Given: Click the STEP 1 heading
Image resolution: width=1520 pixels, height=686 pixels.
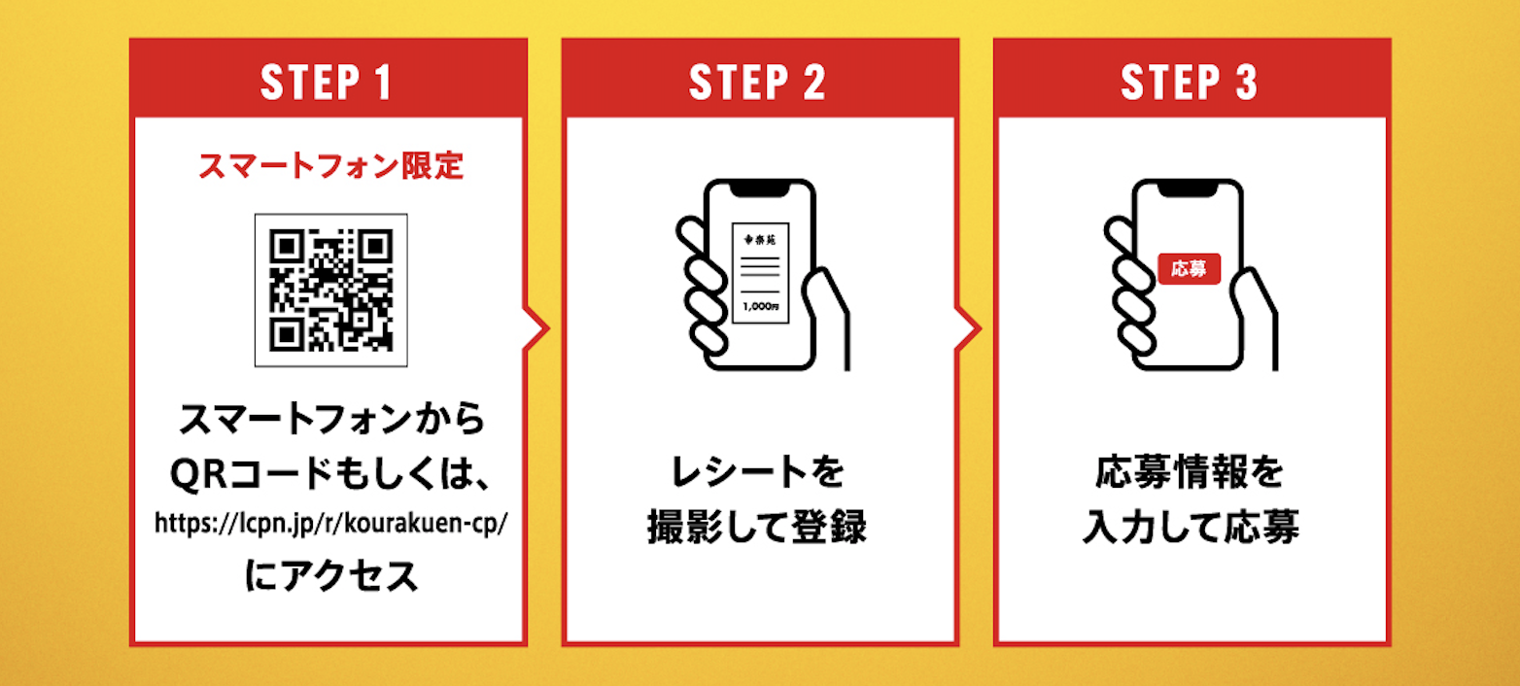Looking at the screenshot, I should [328, 83].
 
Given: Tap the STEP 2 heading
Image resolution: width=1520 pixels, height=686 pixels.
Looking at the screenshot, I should [758, 83].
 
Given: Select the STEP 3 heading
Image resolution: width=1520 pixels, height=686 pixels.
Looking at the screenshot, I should [1190, 83].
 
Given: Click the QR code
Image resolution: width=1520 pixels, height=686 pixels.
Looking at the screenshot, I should [330, 290].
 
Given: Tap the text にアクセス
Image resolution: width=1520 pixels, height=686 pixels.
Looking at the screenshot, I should [330, 576].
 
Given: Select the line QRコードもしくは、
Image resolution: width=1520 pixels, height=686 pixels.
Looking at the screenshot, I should [330, 474].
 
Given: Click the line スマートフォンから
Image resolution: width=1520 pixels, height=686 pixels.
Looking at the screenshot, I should [330, 422].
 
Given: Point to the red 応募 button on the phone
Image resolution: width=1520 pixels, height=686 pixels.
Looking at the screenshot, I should [1189, 268].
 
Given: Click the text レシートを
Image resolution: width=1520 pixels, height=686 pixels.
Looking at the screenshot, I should [758, 474].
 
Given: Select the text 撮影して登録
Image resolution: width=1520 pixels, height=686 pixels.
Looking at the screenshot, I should [758, 530].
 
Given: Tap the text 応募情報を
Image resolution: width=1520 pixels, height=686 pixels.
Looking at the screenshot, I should [1190, 474].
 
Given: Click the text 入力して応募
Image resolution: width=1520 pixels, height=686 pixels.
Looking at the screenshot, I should [1190, 530].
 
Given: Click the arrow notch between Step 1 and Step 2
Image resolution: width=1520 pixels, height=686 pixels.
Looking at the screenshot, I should [535, 328].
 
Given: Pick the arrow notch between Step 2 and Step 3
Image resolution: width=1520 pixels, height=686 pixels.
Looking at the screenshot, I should [967, 328].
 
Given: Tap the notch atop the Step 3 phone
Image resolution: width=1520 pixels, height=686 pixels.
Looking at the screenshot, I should [1189, 187].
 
